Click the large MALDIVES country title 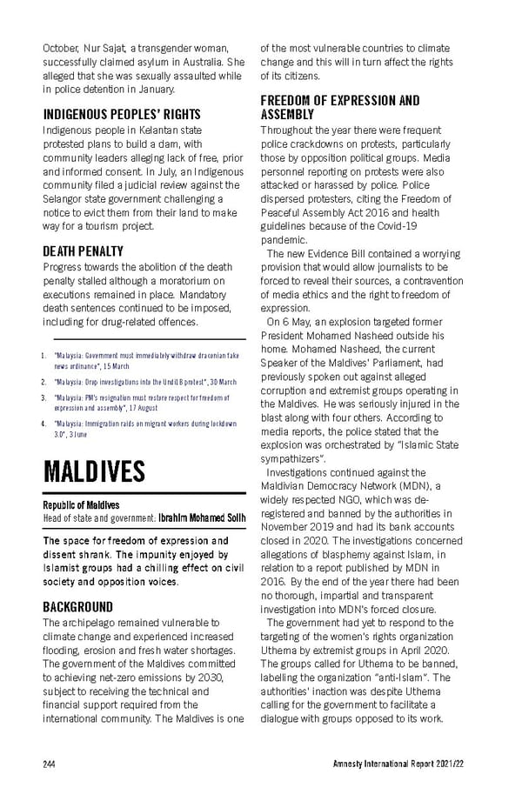pos(94,472)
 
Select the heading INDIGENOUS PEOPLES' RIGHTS pos(122,114)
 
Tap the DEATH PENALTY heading pos(84,251)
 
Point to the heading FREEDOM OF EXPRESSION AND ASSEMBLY pos(339,107)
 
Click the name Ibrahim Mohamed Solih pos(202,518)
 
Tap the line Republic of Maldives pos(81,504)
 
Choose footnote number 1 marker pos(44,356)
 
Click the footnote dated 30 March pos(144,382)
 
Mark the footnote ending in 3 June pos(144,428)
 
